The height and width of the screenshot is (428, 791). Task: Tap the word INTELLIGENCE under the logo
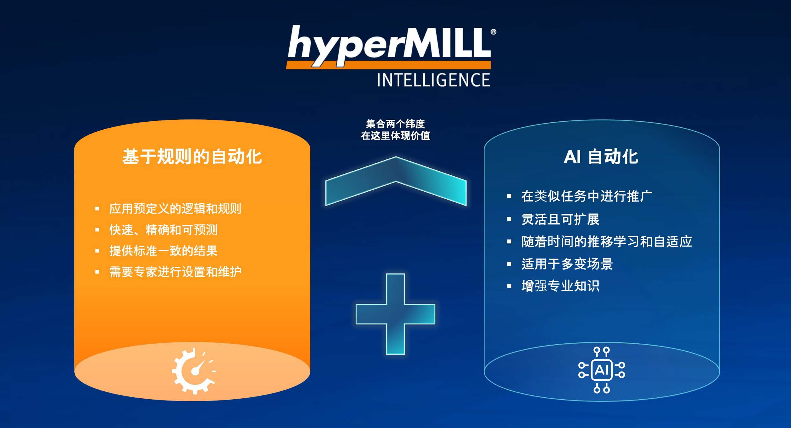[433, 80]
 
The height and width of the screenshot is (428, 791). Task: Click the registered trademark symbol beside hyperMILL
[493, 32]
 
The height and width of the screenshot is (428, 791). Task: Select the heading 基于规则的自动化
[192, 157]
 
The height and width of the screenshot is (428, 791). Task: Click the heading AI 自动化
[601, 157]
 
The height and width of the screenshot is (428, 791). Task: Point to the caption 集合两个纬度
[395, 124]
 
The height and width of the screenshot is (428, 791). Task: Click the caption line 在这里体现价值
[395, 136]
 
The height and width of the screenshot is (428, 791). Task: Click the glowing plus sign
[395, 314]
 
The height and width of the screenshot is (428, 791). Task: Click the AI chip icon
[602, 370]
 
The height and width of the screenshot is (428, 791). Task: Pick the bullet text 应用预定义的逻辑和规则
[175, 209]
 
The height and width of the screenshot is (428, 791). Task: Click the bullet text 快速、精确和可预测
[163, 230]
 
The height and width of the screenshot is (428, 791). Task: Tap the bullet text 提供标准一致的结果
[163, 251]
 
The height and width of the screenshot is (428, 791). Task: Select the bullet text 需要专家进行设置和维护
[175, 272]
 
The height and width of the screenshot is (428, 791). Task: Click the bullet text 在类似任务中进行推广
[587, 196]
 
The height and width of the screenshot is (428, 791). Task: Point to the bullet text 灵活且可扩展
[560, 219]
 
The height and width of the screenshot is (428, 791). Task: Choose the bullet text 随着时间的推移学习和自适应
[607, 241]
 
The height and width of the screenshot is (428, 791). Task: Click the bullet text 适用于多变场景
[567, 264]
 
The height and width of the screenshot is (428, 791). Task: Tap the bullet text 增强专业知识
[560, 286]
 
